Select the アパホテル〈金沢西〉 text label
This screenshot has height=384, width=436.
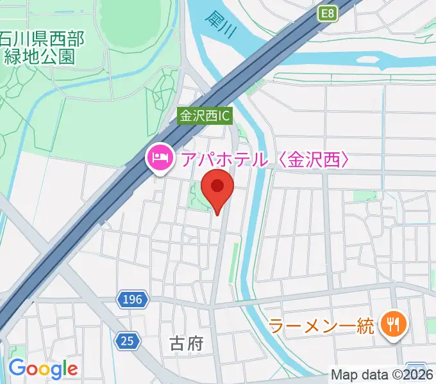265,157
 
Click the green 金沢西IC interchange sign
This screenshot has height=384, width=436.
205,116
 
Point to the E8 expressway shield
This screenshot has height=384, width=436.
328,13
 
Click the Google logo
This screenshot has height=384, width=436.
43,369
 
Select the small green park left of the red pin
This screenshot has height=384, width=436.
199,195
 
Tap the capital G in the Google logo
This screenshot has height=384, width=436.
17,368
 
